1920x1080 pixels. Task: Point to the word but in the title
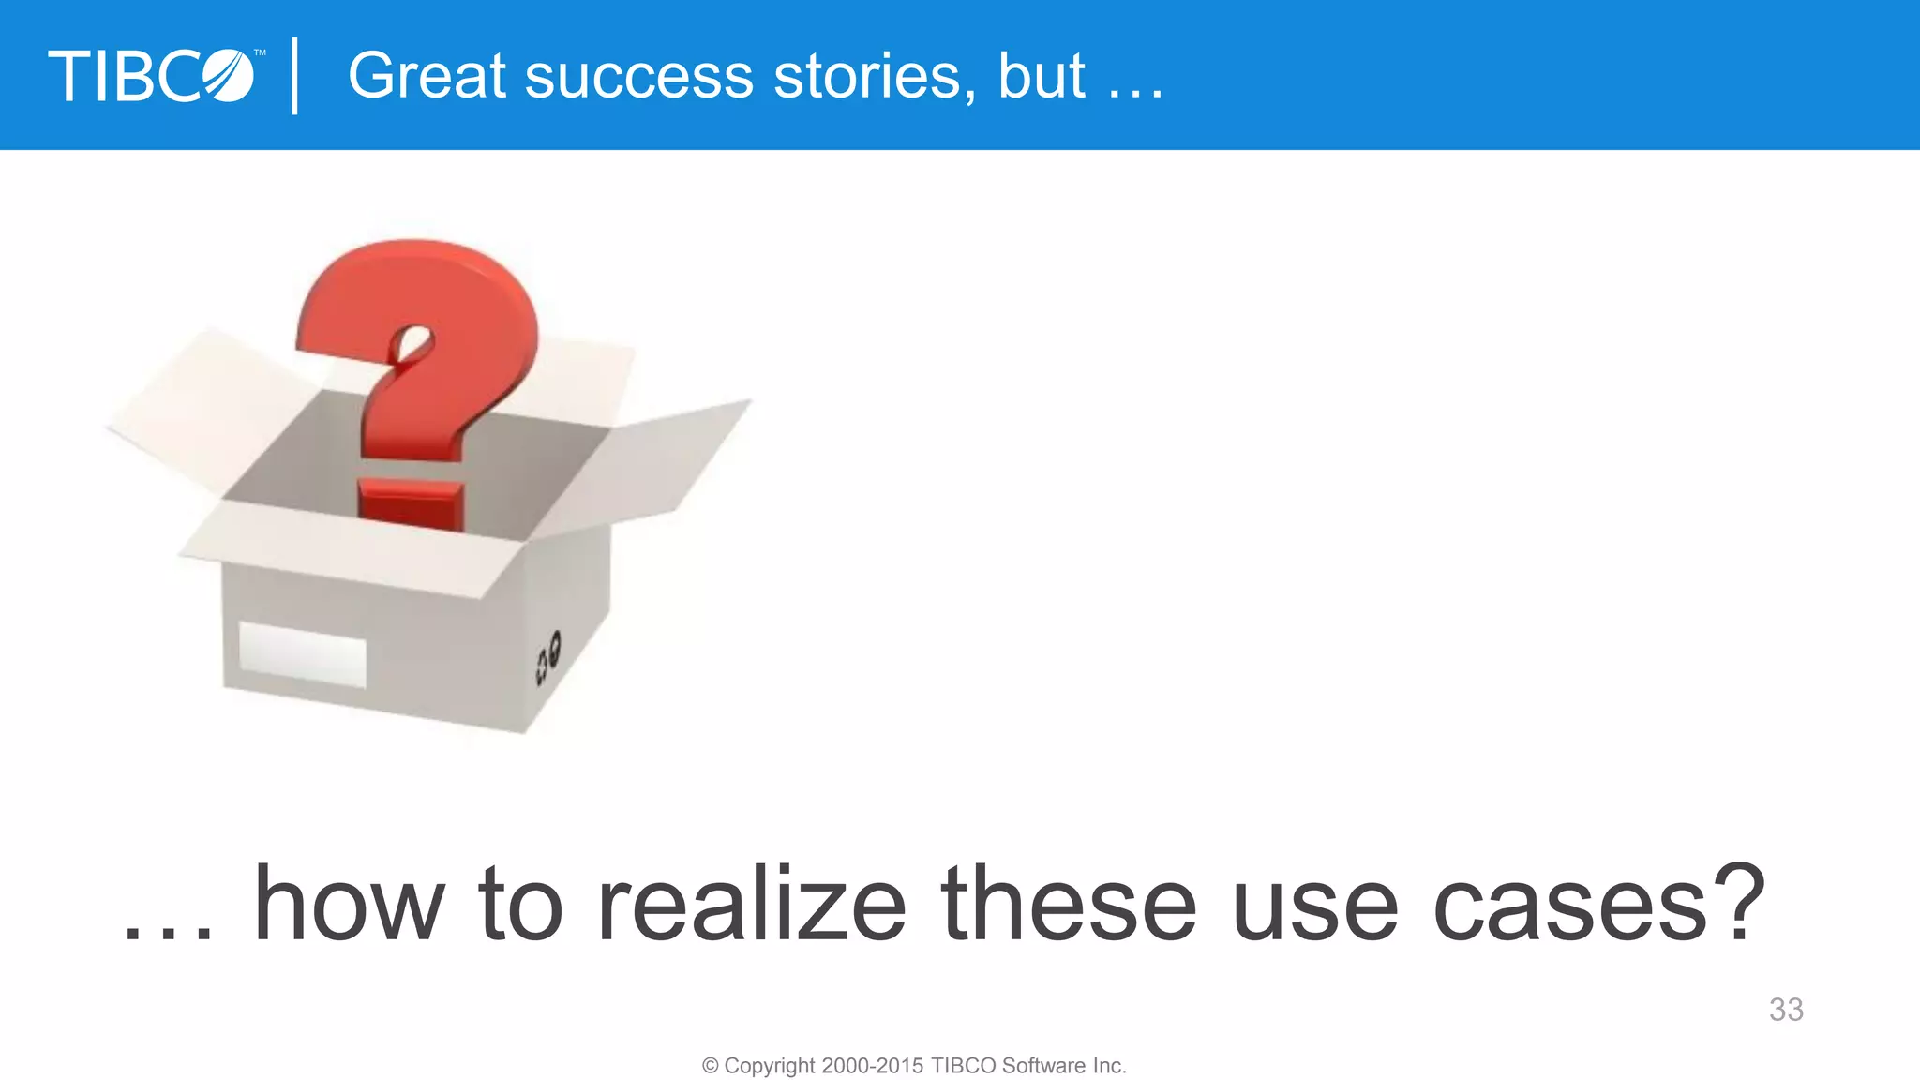[x=1042, y=76]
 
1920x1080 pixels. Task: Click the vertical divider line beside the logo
[x=295, y=76]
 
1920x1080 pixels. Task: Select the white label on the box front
[x=302, y=653]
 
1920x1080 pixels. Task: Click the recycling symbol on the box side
[x=548, y=656]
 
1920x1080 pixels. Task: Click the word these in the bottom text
[x=1069, y=905]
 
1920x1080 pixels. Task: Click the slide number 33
[x=1785, y=1010]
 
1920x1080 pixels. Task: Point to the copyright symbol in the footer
[x=711, y=1066]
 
